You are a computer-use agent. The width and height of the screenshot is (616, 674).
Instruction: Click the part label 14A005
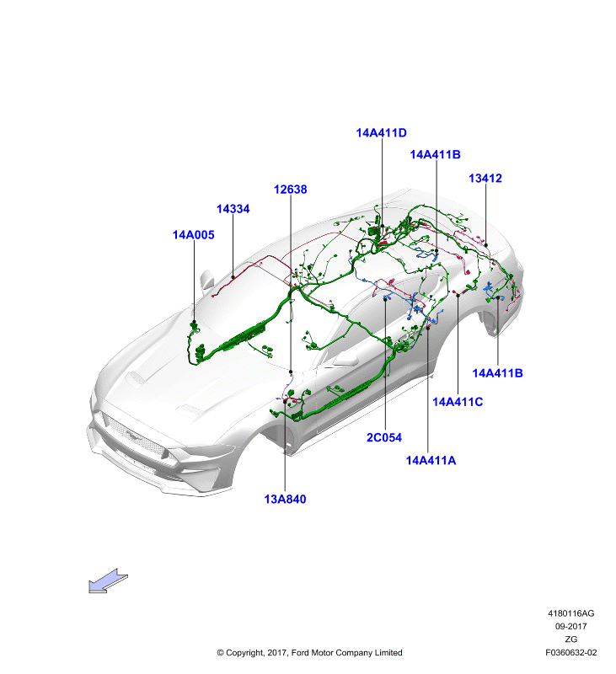(194, 235)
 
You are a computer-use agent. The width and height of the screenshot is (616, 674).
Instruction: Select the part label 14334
(233, 209)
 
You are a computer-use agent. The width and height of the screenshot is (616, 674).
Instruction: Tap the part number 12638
(291, 190)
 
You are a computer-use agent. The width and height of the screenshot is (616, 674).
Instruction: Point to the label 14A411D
(381, 133)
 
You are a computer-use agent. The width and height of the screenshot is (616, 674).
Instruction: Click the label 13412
(485, 179)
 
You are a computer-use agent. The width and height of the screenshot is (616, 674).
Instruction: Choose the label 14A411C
(458, 402)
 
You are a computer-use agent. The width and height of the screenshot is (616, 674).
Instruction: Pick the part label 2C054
(384, 437)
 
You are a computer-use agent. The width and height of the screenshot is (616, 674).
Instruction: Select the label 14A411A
(431, 460)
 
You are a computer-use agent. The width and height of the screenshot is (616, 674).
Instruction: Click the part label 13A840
(285, 499)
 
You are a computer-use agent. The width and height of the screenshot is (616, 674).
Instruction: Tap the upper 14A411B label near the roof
(436, 155)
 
